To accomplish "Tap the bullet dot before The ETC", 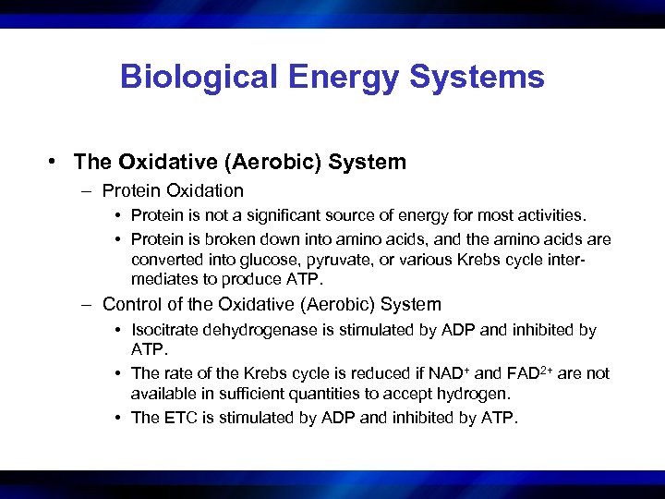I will (120, 418).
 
